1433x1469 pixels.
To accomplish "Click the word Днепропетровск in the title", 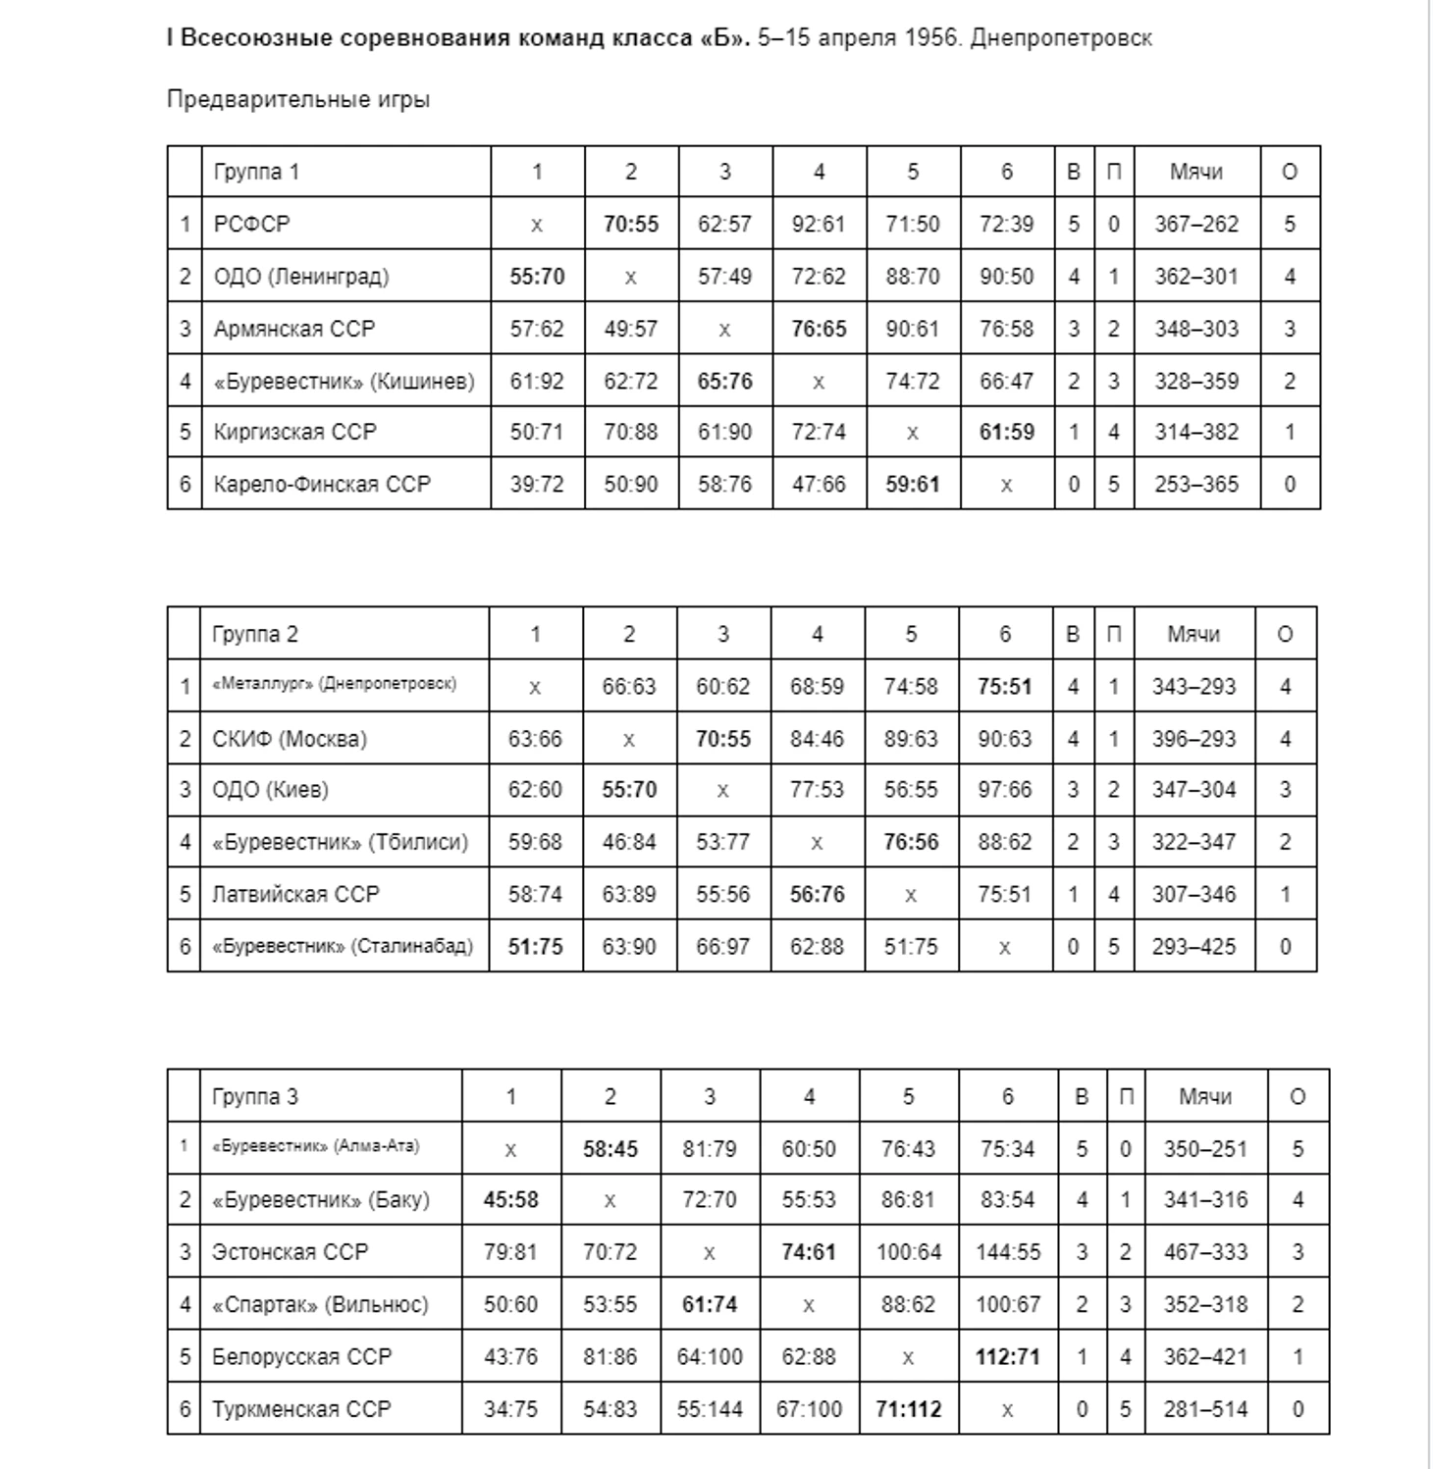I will coord(1061,38).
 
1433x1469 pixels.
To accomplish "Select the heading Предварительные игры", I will coord(298,100).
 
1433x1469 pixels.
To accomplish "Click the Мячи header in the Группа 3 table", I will coord(1205,1097).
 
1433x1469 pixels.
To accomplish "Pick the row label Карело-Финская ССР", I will coord(322,485).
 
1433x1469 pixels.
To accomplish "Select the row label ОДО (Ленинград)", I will coord(301,277).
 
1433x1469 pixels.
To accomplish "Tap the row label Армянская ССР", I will coord(294,329).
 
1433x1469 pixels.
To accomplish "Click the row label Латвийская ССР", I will coord(295,895).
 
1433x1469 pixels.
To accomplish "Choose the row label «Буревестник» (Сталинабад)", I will coord(343,947).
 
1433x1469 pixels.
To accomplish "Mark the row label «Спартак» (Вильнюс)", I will coord(320,1305).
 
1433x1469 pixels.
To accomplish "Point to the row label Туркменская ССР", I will coord(301,1410).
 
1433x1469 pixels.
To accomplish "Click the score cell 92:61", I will coord(819,225).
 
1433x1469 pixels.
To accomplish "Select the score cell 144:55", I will coord(1008,1253).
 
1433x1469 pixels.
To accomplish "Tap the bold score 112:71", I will coord(1008,1358).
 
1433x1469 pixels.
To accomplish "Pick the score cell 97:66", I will coord(1005,791).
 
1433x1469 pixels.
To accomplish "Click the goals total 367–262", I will coord(1196,225).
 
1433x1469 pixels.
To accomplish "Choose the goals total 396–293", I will coord(1194,739).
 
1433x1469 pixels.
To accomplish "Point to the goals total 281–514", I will coord(1205,1410).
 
